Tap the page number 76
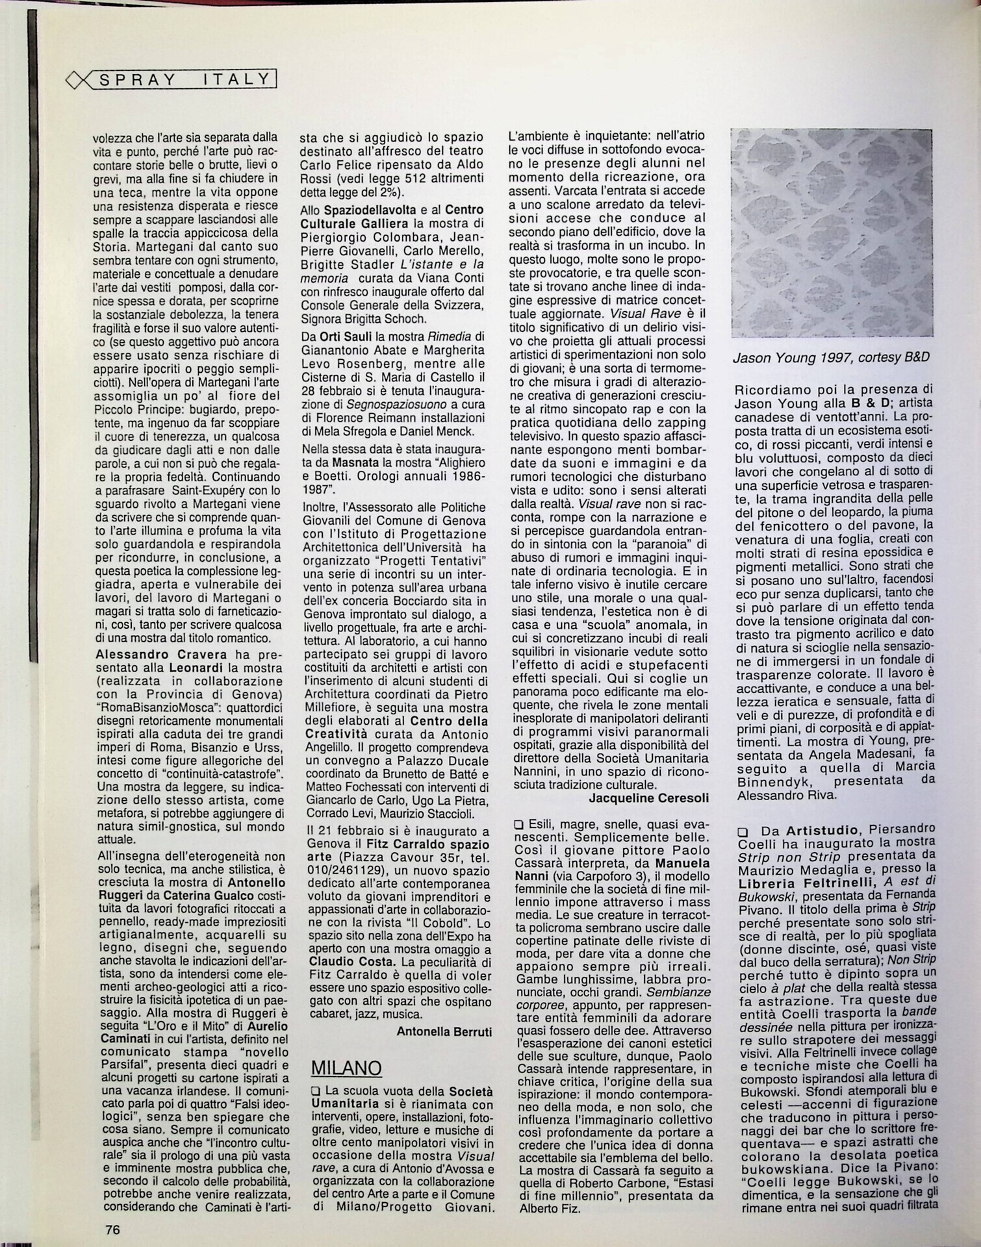click(112, 1229)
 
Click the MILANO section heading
click(346, 1068)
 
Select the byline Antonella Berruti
click(444, 1031)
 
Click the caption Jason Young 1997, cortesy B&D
click(831, 357)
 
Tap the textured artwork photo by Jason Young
click(831, 233)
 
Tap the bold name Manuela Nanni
click(682, 864)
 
